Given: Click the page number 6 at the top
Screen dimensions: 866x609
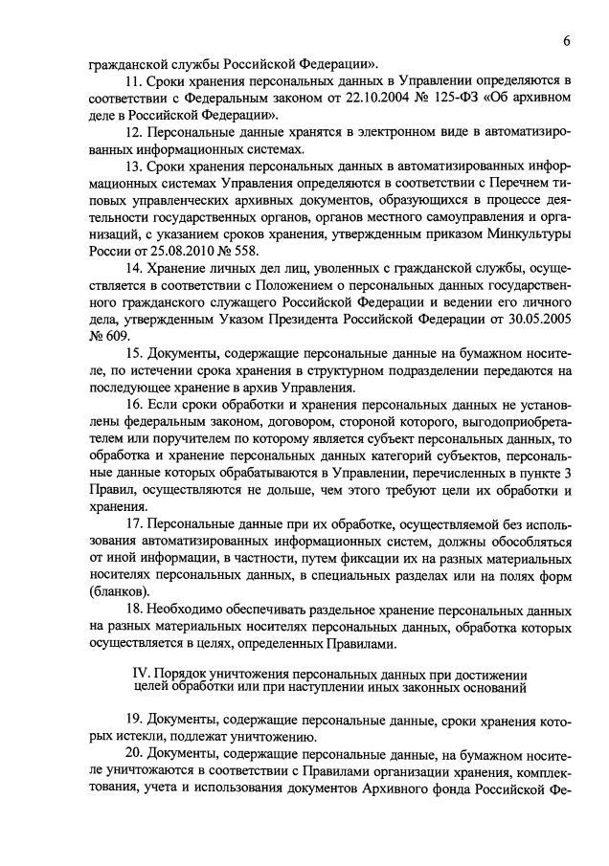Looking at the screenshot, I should (567, 39).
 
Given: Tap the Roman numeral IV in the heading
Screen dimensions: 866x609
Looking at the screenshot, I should (139, 673).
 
